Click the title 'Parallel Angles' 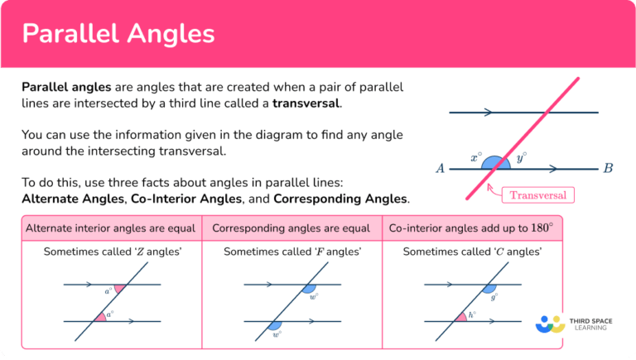(x=118, y=33)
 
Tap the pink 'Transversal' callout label (x=537, y=195)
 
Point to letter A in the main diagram (x=441, y=169)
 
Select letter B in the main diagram (x=608, y=169)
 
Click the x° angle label (x=475, y=156)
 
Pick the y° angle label (x=521, y=156)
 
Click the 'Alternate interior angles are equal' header (x=111, y=228)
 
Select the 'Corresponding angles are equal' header (x=291, y=228)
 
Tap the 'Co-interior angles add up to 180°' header (x=470, y=228)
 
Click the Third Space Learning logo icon (x=551, y=323)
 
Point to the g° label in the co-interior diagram (x=494, y=295)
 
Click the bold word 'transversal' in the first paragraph (x=306, y=103)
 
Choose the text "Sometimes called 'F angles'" (x=292, y=252)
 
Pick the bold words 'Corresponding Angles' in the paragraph (x=340, y=199)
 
